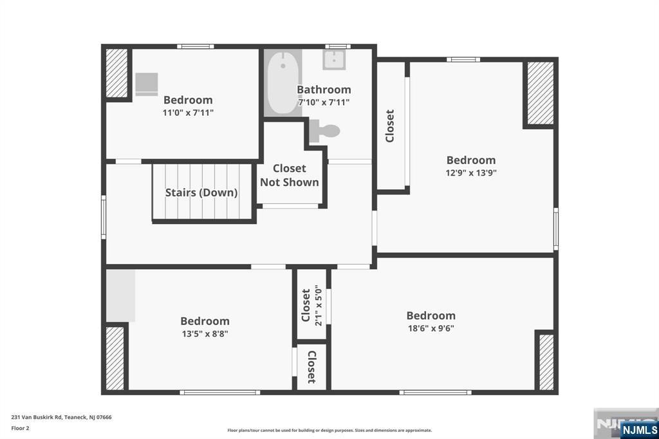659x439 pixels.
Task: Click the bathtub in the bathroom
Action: coord(283,82)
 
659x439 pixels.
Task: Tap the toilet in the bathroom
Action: coord(324,131)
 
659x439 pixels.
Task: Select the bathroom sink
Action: coord(334,59)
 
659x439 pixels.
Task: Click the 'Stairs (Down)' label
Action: coord(201,192)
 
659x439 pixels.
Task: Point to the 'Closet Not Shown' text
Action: coord(289,175)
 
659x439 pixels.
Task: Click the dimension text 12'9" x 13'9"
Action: coord(471,173)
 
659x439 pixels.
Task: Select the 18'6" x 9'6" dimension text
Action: coord(431,328)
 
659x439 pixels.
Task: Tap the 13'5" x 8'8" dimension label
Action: coord(205,333)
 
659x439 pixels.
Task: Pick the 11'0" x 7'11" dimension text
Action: coord(188,113)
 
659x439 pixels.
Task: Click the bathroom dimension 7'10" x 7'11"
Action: coord(324,102)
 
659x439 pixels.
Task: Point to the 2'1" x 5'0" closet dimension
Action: coord(318,305)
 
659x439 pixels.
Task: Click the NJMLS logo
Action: coord(639,429)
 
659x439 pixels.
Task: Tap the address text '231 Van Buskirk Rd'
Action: coord(37,417)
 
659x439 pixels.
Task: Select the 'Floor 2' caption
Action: coord(20,428)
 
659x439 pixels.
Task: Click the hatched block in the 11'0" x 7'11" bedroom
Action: coord(116,73)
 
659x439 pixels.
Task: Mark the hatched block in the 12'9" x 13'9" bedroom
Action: coord(541,93)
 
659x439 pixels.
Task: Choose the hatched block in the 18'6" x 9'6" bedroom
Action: coord(546,362)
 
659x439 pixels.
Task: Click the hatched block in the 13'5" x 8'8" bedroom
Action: coord(115,359)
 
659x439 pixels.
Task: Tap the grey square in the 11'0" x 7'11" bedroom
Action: coord(147,84)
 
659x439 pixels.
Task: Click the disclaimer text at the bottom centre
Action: coord(329,430)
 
